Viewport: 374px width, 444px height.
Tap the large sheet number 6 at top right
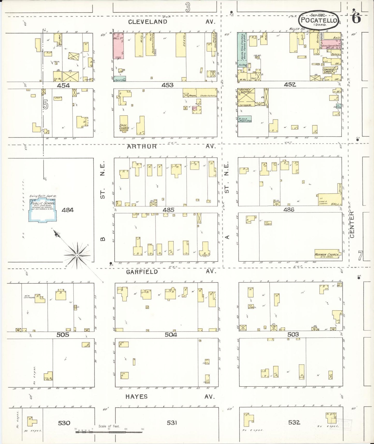point(356,18)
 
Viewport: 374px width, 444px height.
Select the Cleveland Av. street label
point(148,22)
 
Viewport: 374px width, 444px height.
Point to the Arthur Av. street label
point(142,146)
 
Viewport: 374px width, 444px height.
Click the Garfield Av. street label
point(142,272)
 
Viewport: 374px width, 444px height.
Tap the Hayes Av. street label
point(136,397)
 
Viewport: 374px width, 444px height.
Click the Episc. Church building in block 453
point(124,123)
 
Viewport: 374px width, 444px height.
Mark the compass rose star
point(77,255)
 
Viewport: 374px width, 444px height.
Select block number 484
point(68,210)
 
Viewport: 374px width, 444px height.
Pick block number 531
point(172,423)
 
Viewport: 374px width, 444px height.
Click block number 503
point(293,334)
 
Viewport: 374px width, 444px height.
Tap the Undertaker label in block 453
point(207,96)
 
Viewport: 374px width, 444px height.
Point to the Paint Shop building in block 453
point(120,80)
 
